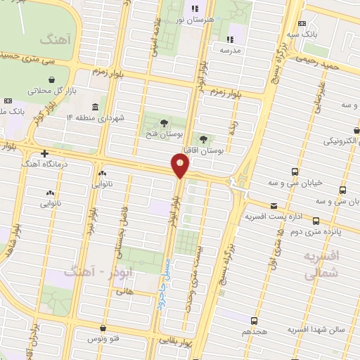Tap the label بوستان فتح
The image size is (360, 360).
[x=164, y=133]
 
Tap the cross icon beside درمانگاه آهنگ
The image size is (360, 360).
[x=45, y=153]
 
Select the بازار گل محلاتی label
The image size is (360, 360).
[x=51, y=91]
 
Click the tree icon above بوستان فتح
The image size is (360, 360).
[x=164, y=121]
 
